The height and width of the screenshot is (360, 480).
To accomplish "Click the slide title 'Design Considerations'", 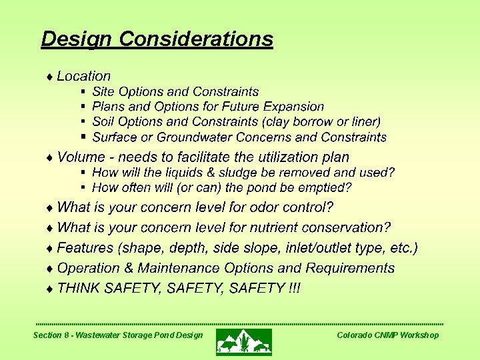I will pyautogui.click(x=157, y=39).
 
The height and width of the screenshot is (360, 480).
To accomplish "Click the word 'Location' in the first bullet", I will pyautogui.click(x=84, y=76).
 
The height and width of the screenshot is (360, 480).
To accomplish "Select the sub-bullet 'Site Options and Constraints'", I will pyautogui.click(x=175, y=91).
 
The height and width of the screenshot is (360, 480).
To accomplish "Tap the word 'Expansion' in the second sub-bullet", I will pyautogui.click(x=293, y=107).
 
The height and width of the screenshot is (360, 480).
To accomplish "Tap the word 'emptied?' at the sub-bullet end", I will pyautogui.click(x=328, y=188).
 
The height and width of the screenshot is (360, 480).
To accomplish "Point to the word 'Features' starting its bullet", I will pyautogui.click(x=85, y=248).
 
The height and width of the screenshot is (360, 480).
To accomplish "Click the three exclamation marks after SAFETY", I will pyautogui.click(x=294, y=288).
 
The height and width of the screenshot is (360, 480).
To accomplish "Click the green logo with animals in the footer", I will pyautogui.click(x=243, y=341).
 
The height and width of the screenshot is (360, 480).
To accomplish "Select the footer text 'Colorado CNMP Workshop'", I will pyautogui.click(x=387, y=335).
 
